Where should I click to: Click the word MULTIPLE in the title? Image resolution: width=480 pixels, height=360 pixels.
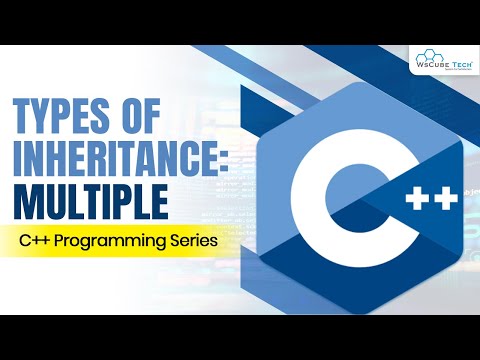coord(88,199)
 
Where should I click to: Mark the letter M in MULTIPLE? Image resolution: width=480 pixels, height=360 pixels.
coord(27,199)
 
